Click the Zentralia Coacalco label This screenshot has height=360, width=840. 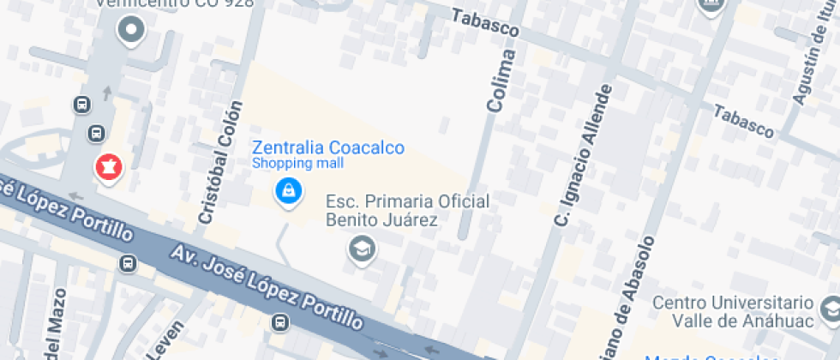click(327, 147)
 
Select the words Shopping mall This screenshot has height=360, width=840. click(297, 163)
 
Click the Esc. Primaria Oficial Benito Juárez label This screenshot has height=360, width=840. click(407, 211)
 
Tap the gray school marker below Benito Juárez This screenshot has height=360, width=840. click(362, 249)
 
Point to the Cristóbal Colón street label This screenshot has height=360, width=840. click(216, 169)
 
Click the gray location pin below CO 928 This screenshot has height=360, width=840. click(131, 32)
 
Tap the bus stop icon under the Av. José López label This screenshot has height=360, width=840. click(279, 323)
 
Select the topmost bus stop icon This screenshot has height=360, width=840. click(82, 105)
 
